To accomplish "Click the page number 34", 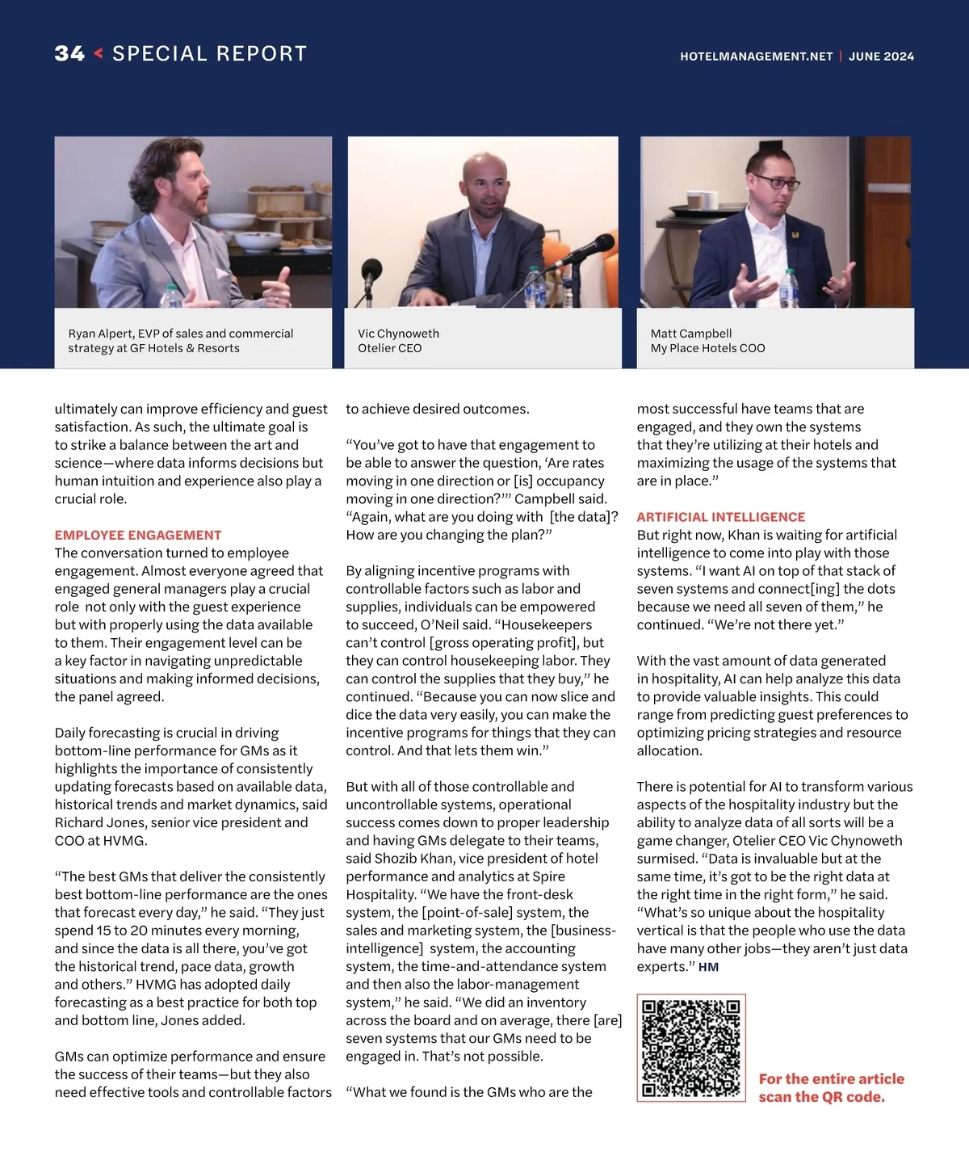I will (x=69, y=54).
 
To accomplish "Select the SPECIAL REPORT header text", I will (x=210, y=54).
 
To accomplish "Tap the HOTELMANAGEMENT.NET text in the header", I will (x=756, y=57).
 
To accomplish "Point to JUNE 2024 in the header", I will (x=881, y=57).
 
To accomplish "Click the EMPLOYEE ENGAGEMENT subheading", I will (x=138, y=535).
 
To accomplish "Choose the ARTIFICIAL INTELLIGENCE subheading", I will (x=721, y=517).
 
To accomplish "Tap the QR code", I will (x=690, y=1048).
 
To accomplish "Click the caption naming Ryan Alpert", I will (x=180, y=340).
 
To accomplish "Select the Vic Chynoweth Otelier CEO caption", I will (x=398, y=340).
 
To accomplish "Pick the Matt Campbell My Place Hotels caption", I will (x=707, y=340).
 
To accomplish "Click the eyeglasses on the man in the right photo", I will (x=774, y=183).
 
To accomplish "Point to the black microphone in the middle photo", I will (x=594, y=246).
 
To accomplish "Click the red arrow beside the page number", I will (x=99, y=54).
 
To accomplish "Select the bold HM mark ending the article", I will (x=708, y=967).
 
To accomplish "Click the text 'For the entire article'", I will (x=831, y=1079).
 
